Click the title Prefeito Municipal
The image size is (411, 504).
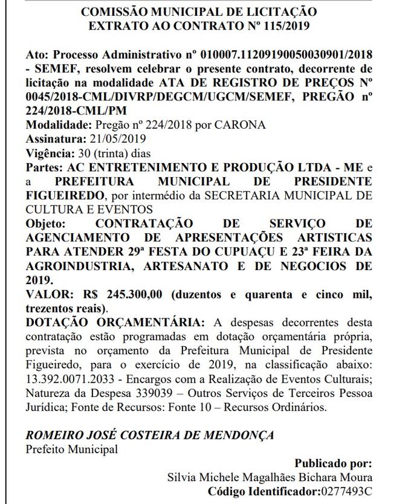[x=72, y=449]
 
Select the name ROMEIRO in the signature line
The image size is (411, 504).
[x=51, y=435]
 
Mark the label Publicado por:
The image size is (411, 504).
[x=333, y=464]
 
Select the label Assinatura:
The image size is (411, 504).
[x=50, y=138]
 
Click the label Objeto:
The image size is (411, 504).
[x=46, y=223]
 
